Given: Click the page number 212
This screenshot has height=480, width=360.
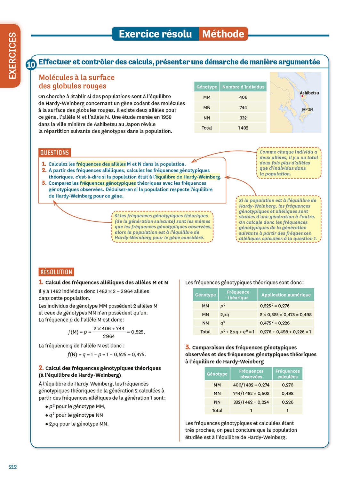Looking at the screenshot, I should click(x=13, y=467).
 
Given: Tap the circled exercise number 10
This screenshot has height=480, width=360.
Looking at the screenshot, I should click(x=31, y=65).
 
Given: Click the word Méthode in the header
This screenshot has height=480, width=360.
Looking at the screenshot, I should click(x=223, y=34).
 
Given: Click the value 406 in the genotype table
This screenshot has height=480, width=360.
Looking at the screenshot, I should click(x=243, y=97).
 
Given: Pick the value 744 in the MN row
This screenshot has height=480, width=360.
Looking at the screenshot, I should click(x=243, y=108).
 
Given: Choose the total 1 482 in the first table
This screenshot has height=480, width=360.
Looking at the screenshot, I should click(x=243, y=128).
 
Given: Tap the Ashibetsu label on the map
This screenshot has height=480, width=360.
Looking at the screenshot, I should click(x=309, y=93).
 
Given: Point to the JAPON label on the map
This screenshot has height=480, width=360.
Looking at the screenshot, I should click(x=307, y=109).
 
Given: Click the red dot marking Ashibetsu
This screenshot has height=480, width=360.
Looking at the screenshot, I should click(x=302, y=96).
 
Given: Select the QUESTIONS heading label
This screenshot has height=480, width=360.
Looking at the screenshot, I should click(x=54, y=153).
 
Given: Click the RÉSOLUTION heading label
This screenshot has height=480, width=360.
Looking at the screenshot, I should click(x=56, y=272).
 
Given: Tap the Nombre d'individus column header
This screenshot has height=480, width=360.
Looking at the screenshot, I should click(x=243, y=87).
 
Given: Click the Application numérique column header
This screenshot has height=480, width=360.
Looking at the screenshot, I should click(x=286, y=295).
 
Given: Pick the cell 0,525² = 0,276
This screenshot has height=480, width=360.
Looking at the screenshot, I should click(x=275, y=306).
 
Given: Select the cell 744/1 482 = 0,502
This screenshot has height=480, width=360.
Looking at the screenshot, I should click(x=251, y=393).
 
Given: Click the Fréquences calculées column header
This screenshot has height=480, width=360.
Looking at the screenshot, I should click(x=287, y=374).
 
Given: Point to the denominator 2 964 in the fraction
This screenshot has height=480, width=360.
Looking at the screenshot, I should click(x=109, y=336).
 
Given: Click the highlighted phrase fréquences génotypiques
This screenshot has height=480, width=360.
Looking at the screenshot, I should click(x=108, y=183).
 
